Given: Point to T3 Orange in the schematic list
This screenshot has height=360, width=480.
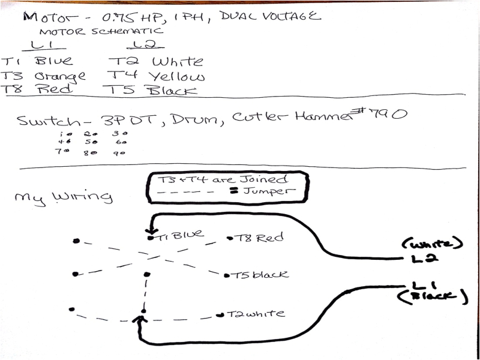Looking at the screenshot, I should pos(43,76).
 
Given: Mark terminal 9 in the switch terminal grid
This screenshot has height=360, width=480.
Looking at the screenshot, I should pos(119,153).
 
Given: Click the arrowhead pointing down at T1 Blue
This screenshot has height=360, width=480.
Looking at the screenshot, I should pos(150,229).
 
